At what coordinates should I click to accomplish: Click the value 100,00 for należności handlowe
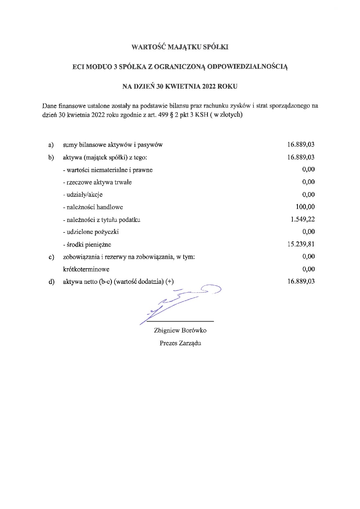tap(305, 207)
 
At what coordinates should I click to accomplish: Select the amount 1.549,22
tap(303, 219)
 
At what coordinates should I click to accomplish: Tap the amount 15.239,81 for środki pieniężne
tap(301, 244)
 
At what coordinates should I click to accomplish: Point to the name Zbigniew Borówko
tap(180, 330)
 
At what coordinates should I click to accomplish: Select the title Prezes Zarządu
tap(180, 343)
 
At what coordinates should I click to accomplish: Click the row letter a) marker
tap(51, 145)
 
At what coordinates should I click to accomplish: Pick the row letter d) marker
tap(51, 281)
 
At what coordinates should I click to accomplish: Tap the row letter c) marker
tap(51, 257)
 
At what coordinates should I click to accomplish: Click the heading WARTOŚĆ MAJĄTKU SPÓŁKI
tap(180, 47)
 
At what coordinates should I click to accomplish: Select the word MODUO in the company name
tap(99, 67)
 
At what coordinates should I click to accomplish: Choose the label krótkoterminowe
tap(86, 269)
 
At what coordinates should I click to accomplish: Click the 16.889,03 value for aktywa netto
tap(301, 281)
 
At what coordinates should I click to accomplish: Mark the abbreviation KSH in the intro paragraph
tap(201, 115)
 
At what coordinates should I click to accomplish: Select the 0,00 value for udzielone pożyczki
tap(308, 231)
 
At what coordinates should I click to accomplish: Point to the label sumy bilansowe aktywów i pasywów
tap(113, 145)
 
